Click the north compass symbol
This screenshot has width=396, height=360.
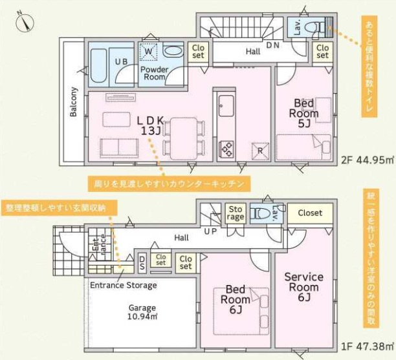point(25,22)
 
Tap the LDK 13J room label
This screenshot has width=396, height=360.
point(151,125)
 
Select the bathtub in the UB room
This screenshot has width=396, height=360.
point(98,65)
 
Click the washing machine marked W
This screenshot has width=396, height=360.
point(149,52)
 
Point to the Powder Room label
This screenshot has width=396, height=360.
point(154,73)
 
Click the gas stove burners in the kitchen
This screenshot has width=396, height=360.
point(227,149)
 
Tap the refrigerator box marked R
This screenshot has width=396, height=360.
point(260,151)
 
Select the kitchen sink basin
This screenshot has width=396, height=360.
point(226,106)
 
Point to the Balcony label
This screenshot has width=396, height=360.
point(73,102)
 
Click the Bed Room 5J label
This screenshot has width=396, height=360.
point(304,113)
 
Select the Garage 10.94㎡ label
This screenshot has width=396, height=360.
point(142,312)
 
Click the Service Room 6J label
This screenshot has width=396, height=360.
point(304,287)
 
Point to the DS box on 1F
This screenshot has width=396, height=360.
point(142,263)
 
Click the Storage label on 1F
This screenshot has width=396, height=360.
point(236,213)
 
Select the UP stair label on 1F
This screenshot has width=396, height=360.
point(210,231)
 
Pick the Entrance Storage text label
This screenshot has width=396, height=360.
point(124,285)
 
